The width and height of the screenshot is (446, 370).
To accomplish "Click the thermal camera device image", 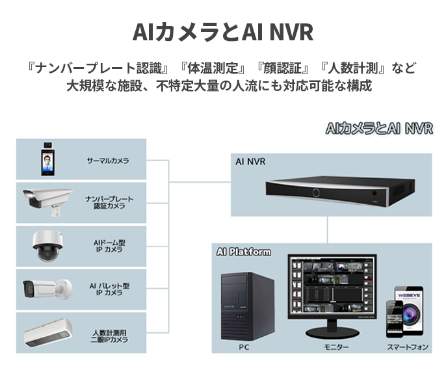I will (x=47, y=159).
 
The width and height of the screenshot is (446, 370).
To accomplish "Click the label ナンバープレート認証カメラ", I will (x=109, y=202).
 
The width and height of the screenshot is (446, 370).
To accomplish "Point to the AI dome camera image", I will (x=47, y=246).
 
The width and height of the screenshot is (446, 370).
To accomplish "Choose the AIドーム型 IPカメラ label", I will (x=109, y=246).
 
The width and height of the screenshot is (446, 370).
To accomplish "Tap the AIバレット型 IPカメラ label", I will (x=109, y=289).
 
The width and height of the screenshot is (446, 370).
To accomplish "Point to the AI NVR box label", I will (x=250, y=161).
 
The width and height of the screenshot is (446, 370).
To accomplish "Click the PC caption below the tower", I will (x=244, y=347).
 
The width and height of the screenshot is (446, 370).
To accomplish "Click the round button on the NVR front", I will (x=317, y=192).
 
